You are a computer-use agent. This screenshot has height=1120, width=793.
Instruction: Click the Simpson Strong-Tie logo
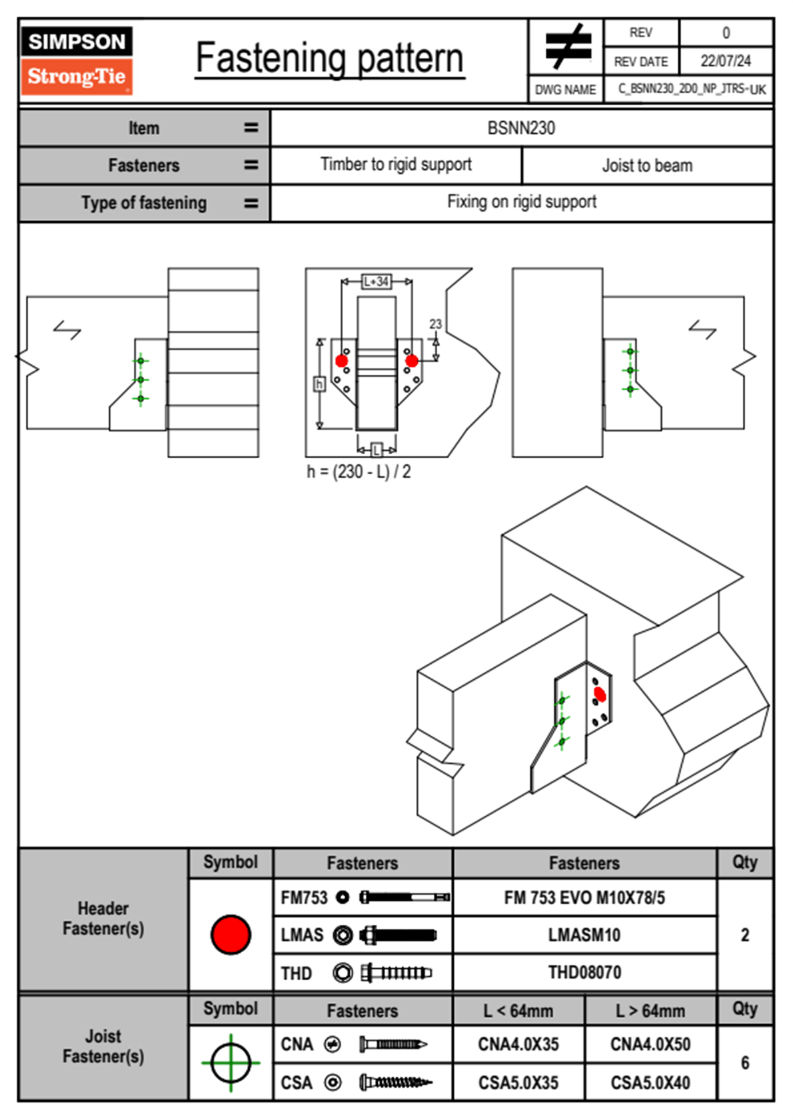pos(76,61)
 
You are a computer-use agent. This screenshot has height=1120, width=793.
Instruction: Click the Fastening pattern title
pos(330,59)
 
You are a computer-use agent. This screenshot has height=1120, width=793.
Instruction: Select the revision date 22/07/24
pos(725,61)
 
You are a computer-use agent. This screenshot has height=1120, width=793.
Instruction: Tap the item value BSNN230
pos(521,128)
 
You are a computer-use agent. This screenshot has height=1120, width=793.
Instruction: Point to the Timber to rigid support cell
pos(396,164)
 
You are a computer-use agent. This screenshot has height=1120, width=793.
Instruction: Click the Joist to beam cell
pos(647,165)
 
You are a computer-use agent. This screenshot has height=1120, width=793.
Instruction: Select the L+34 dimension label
pos(377,282)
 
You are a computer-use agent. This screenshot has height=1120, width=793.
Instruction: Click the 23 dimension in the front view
pos(435,324)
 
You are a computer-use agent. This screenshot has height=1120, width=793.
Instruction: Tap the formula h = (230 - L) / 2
pos(359,471)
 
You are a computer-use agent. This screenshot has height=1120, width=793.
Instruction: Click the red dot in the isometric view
pos(600,695)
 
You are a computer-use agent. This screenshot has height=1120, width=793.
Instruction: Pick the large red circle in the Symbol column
pos(231,934)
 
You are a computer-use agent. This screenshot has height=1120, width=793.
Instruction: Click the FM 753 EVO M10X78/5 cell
pos(584,898)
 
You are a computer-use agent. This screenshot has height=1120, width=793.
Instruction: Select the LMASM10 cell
pos(584,935)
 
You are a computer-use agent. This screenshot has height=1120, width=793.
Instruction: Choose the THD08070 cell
pos(584,972)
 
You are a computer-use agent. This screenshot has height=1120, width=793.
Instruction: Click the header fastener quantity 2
pos(745,935)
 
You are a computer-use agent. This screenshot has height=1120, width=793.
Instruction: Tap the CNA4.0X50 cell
pos(650,1044)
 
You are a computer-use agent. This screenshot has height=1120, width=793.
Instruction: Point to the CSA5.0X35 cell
pos(518,1083)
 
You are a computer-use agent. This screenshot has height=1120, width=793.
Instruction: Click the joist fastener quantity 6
pos(745,1063)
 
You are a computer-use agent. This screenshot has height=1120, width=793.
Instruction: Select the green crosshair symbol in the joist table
pos(231,1063)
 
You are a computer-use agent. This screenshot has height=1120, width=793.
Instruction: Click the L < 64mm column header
pos(518,1011)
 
